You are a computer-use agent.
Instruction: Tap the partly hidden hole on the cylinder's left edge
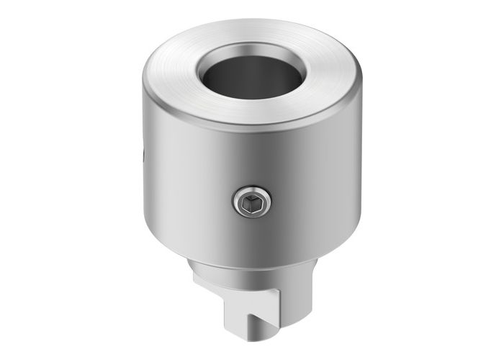143,154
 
